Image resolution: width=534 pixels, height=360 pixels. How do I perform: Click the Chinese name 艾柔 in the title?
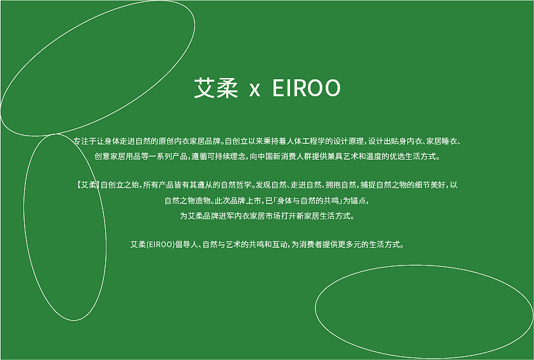[x=215, y=89]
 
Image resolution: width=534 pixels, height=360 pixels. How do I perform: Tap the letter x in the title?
[x=255, y=90]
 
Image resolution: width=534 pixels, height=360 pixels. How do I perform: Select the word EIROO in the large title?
[x=307, y=89]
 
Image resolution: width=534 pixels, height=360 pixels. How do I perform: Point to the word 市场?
[x=271, y=216]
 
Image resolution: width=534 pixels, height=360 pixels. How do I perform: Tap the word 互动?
[x=277, y=244]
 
